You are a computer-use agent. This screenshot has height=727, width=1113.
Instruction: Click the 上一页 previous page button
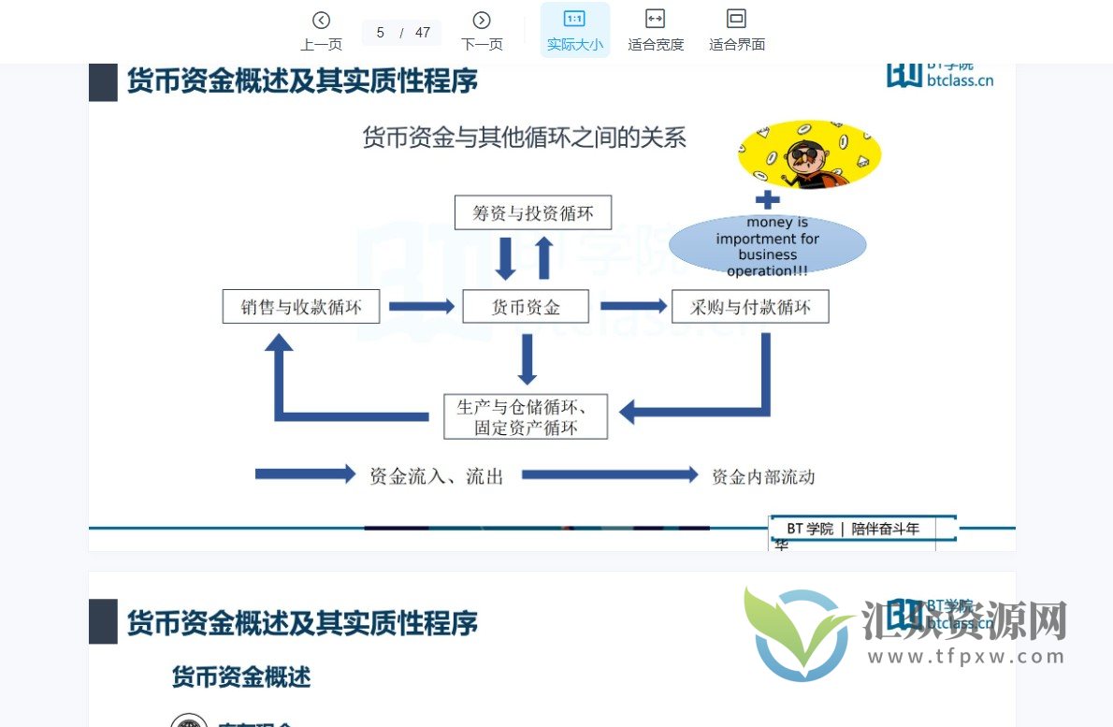(321, 30)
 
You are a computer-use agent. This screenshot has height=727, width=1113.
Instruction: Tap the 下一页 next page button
(482, 30)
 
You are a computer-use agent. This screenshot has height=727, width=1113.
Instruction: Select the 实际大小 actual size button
(574, 30)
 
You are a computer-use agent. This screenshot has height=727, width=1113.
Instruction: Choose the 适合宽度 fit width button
(656, 30)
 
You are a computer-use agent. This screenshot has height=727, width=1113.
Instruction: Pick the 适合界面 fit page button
(737, 30)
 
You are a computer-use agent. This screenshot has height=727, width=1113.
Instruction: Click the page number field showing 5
(381, 33)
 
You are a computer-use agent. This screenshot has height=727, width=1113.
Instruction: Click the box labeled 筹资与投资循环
(533, 212)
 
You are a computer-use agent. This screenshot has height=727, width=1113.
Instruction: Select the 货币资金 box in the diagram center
(526, 306)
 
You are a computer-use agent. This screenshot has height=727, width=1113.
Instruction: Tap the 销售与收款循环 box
(301, 306)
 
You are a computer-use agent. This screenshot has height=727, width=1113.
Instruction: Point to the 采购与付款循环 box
(750, 306)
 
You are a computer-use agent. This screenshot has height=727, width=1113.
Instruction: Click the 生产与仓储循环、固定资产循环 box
(526, 416)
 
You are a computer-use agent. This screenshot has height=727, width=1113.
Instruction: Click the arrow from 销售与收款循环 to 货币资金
(421, 306)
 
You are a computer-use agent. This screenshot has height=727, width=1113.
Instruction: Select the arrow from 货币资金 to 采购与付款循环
(633, 306)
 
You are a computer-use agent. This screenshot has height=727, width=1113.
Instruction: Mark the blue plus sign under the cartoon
(767, 199)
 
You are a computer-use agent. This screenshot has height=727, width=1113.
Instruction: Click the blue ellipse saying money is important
(767, 246)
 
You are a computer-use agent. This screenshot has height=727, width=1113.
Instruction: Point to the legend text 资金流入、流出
(437, 476)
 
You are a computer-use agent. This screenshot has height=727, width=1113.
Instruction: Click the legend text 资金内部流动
(763, 476)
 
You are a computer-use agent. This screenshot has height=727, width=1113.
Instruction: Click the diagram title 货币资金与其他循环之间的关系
(525, 138)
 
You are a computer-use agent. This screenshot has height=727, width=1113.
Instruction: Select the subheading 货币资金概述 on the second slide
(241, 676)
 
